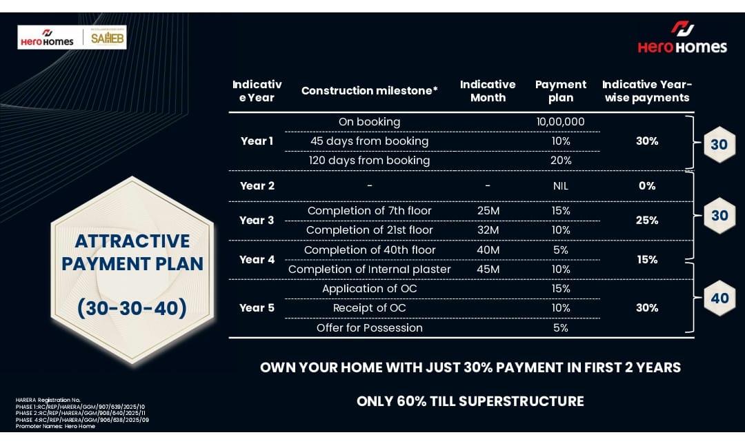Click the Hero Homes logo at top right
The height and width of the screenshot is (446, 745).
(682, 37)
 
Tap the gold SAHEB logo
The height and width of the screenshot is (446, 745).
(108, 37)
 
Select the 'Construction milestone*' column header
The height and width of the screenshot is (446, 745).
(369, 91)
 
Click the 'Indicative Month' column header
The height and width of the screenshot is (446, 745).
(488, 91)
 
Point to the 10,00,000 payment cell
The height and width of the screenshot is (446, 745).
(561, 121)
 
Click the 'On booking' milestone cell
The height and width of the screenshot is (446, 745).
(369, 122)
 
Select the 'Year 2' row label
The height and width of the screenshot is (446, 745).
(257, 185)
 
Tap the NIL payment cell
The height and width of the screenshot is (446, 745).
(561, 185)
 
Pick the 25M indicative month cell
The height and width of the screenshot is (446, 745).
(488, 211)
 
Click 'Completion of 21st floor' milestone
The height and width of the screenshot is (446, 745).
(369, 230)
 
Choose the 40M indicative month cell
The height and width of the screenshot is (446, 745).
(488, 250)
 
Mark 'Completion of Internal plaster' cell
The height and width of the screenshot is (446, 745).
(369, 270)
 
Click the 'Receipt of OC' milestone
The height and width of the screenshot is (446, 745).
(369, 308)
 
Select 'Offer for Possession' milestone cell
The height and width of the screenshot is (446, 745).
(369, 327)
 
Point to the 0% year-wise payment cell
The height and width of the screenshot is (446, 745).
(646, 185)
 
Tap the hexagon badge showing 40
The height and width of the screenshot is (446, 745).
(719, 298)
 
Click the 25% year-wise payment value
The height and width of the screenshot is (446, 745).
(646, 221)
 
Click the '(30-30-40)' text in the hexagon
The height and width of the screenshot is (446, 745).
(132, 308)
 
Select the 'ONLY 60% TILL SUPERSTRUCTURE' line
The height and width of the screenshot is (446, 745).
(470, 401)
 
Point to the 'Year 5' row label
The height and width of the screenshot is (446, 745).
(257, 307)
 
